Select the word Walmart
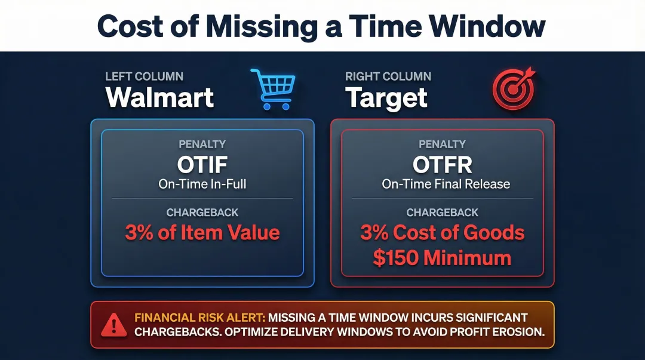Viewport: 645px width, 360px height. pyautogui.click(x=159, y=97)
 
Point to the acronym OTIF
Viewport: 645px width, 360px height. pyautogui.click(x=202, y=164)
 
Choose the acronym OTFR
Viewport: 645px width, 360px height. pyautogui.click(x=443, y=164)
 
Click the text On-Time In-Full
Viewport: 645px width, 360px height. pyautogui.click(x=202, y=184)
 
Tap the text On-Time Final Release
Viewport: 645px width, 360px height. pyautogui.click(x=446, y=184)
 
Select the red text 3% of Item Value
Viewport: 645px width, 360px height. pyautogui.click(x=202, y=232)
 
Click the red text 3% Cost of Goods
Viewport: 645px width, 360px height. pyautogui.click(x=443, y=232)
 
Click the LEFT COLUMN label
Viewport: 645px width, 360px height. pyautogui.click(x=144, y=76)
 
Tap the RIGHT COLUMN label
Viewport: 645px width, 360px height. pyautogui.click(x=388, y=76)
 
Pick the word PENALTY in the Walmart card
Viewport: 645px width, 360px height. pyautogui.click(x=202, y=144)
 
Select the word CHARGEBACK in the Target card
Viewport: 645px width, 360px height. pyautogui.click(x=443, y=213)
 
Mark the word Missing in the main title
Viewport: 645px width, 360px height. pyautogui.click(x=260, y=26)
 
